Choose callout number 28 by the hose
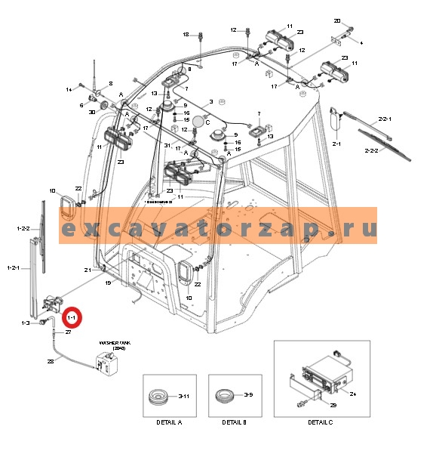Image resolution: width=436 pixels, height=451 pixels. click(51, 362)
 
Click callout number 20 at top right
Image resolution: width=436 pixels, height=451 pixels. click(337, 20)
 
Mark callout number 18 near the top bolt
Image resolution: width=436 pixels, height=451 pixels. click(186, 35)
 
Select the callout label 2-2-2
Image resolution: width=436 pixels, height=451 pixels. click(391, 151)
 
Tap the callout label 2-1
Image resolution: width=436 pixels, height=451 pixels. click(336, 143)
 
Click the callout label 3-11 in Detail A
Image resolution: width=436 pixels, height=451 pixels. click(183, 395)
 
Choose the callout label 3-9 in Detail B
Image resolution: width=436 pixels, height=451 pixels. click(248, 394)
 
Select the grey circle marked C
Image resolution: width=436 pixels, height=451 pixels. click(198, 121)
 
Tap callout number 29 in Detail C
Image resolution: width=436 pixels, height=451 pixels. click(333, 406)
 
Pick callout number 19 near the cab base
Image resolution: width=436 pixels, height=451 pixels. click(108, 283)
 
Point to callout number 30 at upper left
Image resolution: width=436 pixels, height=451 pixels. click(92, 113)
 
